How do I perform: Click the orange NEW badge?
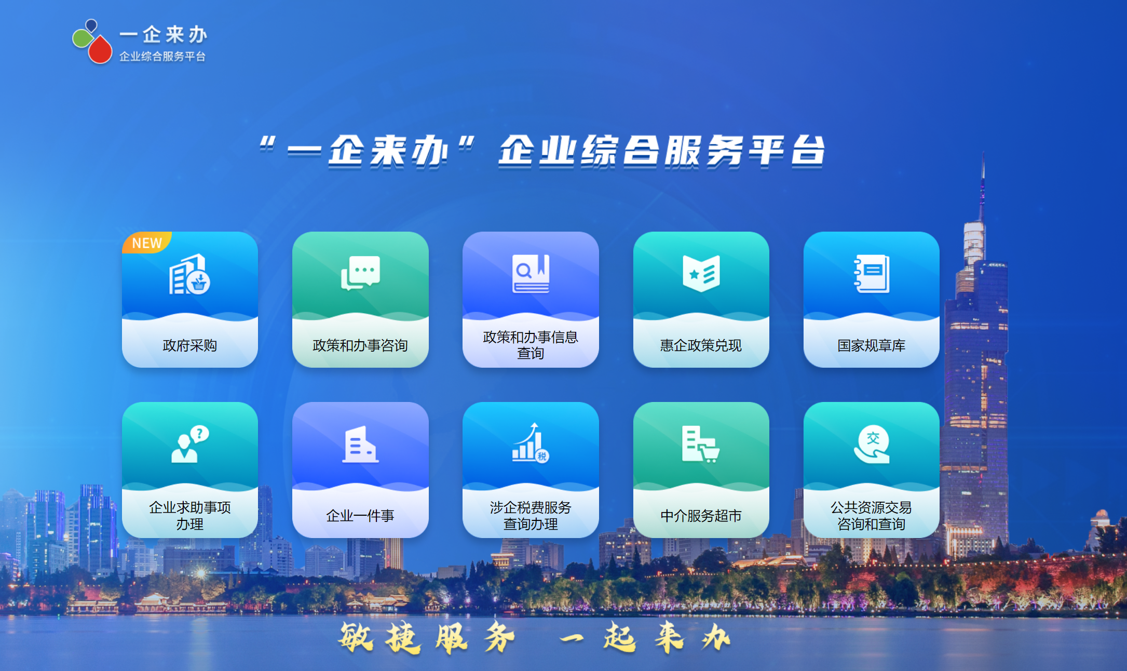coord(145,242)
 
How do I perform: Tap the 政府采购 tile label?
coord(190,345)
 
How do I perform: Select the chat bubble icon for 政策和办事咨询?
coord(360,273)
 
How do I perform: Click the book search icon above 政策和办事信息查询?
coord(531,273)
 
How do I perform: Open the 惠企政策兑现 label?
coord(701,345)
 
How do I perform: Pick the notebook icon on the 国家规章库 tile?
coord(872,273)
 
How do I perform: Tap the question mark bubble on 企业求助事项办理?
coord(199,434)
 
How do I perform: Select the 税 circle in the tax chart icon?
coord(542,456)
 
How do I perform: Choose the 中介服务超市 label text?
coord(701,516)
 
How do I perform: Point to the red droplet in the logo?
coord(100,49)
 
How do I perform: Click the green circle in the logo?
coord(82,38)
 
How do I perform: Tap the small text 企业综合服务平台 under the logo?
coord(162,56)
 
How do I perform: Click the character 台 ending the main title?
coord(808,151)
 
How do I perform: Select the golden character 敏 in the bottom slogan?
coord(356,637)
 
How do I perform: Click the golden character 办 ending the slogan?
coord(716,637)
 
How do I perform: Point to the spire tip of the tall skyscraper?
coord(983,152)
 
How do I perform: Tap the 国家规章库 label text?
coord(872,345)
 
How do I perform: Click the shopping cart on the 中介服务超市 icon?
coord(710,453)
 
